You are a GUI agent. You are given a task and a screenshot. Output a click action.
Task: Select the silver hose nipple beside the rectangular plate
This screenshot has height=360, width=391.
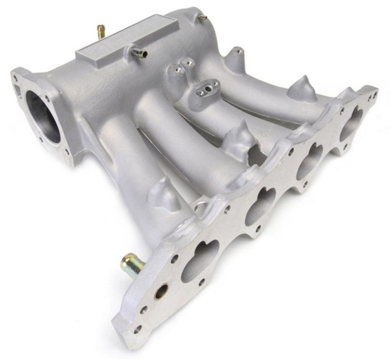tap(138, 54)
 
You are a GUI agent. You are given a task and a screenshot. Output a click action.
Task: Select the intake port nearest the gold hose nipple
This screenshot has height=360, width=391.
tap(199, 258)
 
